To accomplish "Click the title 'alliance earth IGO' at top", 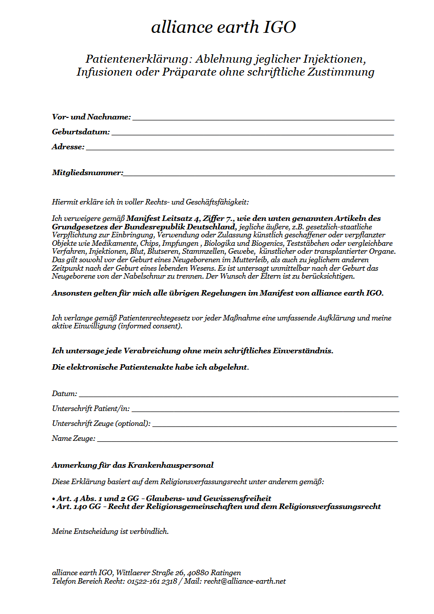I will pos(223,27).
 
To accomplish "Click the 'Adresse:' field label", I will pos(68,147).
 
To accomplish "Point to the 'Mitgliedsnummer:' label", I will pos(87,173).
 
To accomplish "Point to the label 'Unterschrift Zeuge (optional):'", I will pos(101,424).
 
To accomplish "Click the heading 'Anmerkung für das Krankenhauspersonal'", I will pos(132,465).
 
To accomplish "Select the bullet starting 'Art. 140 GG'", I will pos(216,507).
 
